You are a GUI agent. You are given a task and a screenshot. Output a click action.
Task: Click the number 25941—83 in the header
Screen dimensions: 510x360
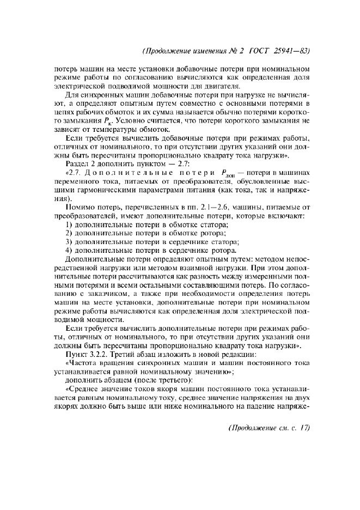tap(290, 51)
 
